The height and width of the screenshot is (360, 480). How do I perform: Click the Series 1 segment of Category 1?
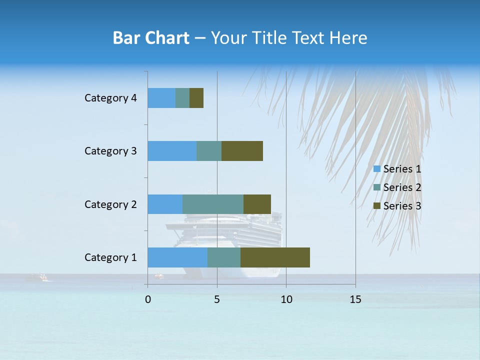pyautogui.click(x=177, y=257)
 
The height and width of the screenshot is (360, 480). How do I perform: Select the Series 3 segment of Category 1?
pyautogui.click(x=275, y=257)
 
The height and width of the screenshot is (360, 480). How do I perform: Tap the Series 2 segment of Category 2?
pyautogui.click(x=213, y=204)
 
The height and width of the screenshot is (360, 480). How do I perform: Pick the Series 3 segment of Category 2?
pyautogui.click(x=257, y=204)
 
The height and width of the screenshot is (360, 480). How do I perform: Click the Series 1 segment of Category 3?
pyautogui.click(x=172, y=151)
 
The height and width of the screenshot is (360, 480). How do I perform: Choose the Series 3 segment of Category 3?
pyautogui.click(x=242, y=151)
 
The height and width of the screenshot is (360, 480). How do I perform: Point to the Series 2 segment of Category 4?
pyautogui.click(x=182, y=98)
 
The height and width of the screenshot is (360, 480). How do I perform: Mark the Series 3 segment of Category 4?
pyautogui.click(x=196, y=98)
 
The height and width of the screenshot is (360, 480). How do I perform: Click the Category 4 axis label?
pyautogui.click(x=110, y=98)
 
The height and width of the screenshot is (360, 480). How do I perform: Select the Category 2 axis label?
pyautogui.click(x=110, y=204)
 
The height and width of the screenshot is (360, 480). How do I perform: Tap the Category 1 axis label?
pyautogui.click(x=110, y=257)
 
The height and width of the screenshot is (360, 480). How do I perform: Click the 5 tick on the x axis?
pyautogui.click(x=217, y=299)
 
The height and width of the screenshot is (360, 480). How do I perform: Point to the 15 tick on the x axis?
pyautogui.click(x=355, y=299)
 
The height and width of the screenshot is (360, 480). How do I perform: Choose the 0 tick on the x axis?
pyautogui.click(x=148, y=299)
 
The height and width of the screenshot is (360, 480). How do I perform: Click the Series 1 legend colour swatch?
pyautogui.click(x=377, y=169)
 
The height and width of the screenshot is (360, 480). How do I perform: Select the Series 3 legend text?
pyautogui.click(x=402, y=206)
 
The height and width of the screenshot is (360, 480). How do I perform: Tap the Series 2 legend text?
pyautogui.click(x=402, y=187)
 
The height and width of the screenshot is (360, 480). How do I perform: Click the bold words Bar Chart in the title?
pyautogui.click(x=151, y=38)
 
